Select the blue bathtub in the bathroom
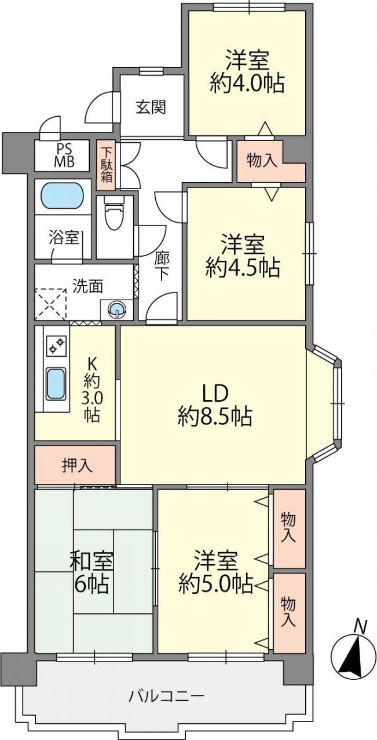(62, 198)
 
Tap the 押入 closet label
(77, 465)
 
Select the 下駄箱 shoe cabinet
(106, 165)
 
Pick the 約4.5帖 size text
(243, 267)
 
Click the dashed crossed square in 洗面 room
(50, 304)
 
